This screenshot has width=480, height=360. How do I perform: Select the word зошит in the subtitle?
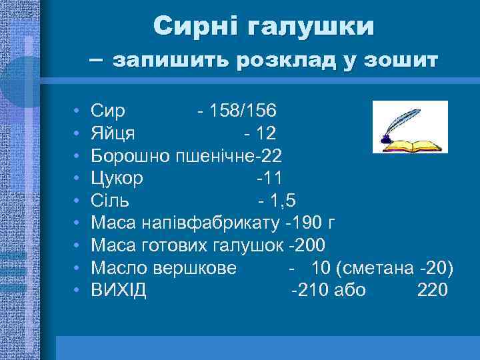[404, 61]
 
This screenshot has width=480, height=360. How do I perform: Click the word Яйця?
[113, 133]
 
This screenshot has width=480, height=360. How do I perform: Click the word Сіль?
[111, 201]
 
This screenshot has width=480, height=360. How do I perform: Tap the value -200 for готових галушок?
[308, 245]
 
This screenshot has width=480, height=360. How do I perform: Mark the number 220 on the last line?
[433, 291]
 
